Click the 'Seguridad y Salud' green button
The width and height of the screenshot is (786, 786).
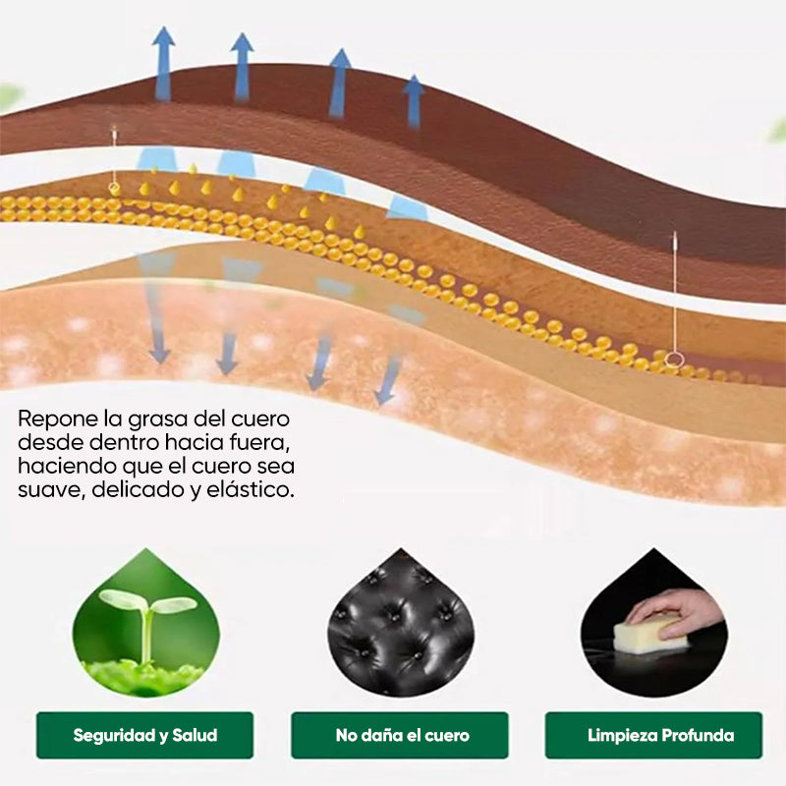(x=144, y=735)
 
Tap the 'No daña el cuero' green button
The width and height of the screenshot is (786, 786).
(x=400, y=735)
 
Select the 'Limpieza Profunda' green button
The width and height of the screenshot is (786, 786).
(x=653, y=735)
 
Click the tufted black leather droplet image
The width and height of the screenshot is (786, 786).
(x=401, y=624)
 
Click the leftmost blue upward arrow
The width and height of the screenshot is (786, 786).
(x=163, y=64)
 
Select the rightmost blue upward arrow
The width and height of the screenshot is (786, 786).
(x=414, y=102)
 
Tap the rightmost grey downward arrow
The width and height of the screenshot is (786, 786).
(x=387, y=379)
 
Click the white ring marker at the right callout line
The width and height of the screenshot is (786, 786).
(x=674, y=359)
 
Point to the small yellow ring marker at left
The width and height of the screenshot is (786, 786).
(x=114, y=189)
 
